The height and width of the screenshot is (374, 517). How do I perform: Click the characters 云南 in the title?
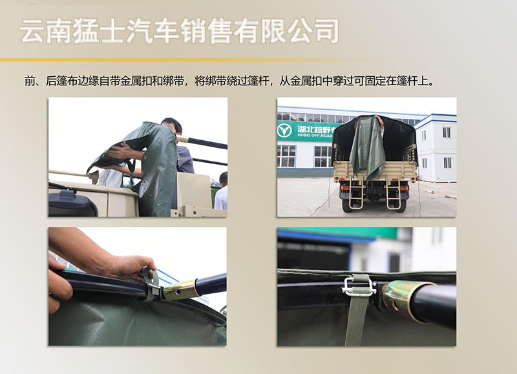pyautogui.click(x=46, y=31)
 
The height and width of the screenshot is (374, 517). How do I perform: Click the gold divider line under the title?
pyautogui.click(x=185, y=60)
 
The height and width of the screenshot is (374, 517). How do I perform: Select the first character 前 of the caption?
pyautogui.click(x=30, y=81)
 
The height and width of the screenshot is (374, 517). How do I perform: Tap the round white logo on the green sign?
pyautogui.click(x=284, y=131)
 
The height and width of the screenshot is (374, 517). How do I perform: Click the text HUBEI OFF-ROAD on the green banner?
pyautogui.click(x=315, y=136)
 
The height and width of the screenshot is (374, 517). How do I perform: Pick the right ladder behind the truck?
pyautogui.click(x=393, y=194)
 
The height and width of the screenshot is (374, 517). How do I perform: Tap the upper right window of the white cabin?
pyautogui.click(x=447, y=132)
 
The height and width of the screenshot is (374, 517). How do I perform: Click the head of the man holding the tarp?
pyautogui.click(x=171, y=127)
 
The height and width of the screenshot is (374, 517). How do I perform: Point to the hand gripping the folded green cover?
pyautogui.click(x=119, y=152)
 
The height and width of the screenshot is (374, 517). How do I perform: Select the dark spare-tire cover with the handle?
pyautogui.click(x=72, y=203)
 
